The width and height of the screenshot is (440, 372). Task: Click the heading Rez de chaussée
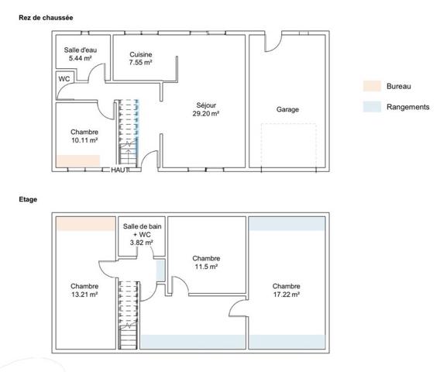pyautogui.click(x=46, y=18)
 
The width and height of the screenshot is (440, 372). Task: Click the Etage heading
pyautogui.click(x=28, y=200)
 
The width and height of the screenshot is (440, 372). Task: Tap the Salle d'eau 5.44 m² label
pyautogui.click(x=81, y=54)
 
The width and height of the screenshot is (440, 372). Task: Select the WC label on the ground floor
pyautogui.click(x=64, y=79)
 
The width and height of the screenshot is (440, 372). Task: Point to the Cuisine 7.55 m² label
pyautogui.click(x=140, y=58)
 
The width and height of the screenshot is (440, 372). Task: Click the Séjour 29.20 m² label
pyautogui.click(x=206, y=109)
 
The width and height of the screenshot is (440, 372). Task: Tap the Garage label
pyautogui.click(x=287, y=109)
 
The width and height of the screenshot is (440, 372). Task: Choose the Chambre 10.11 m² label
pyautogui.click(x=84, y=136)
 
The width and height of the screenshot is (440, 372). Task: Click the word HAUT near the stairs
pyautogui.click(x=120, y=170)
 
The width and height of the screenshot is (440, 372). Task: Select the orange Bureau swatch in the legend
pyautogui.click(x=372, y=86)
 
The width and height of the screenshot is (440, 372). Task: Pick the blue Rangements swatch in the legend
pyautogui.click(x=372, y=107)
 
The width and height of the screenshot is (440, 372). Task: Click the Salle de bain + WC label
pyautogui.click(x=142, y=234)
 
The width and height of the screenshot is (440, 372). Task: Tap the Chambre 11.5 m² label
pyautogui.click(x=206, y=263)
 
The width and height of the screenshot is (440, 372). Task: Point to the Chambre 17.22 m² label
pyautogui.click(x=286, y=291)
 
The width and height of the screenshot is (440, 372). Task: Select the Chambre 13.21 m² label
pyautogui.click(x=84, y=291)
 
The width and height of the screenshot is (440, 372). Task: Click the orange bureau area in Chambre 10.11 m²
pyautogui.click(x=78, y=161)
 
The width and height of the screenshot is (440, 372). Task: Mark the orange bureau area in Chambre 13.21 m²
pyautogui.click(x=86, y=224)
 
